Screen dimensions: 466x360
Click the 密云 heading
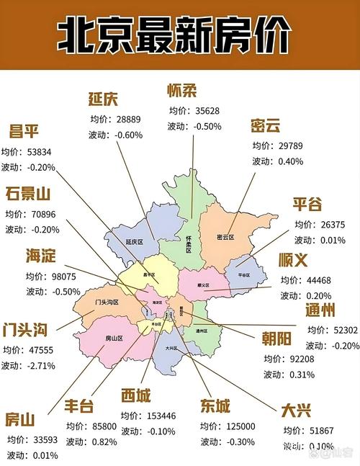tap(266, 125)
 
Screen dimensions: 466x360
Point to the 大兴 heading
tap(296, 410)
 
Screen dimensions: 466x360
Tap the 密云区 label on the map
tap(227, 237)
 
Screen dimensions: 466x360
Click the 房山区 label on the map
tap(114, 338)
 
